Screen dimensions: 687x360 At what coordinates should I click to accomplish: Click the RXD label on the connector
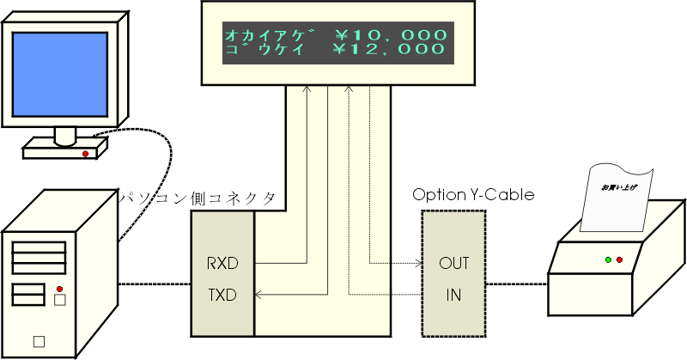point(222,263)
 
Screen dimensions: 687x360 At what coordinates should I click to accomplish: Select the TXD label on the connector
point(222,295)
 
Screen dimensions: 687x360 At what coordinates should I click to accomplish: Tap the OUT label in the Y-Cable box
point(454,263)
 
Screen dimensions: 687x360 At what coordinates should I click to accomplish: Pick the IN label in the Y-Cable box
point(453,295)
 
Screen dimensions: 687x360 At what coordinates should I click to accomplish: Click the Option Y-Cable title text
point(473,194)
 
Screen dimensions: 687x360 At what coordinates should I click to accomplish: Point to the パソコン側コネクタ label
point(198,198)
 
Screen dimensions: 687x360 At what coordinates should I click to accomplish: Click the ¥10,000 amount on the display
point(392,35)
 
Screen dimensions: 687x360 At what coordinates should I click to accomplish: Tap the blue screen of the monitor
point(59,74)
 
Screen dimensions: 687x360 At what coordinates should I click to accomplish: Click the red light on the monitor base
point(85,154)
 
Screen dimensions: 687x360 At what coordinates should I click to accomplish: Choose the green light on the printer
point(608,259)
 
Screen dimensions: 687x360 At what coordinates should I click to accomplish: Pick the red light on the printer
point(619,259)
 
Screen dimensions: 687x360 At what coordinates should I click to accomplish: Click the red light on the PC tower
point(59,289)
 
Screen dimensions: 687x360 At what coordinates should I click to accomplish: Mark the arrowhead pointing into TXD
point(258,295)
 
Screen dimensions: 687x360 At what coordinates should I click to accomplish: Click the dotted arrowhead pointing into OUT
point(418,263)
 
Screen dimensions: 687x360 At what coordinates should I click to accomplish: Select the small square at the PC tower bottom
point(39,342)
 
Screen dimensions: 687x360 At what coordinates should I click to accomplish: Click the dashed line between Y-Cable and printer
point(517,284)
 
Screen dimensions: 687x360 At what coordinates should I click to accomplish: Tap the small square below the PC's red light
point(60,300)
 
